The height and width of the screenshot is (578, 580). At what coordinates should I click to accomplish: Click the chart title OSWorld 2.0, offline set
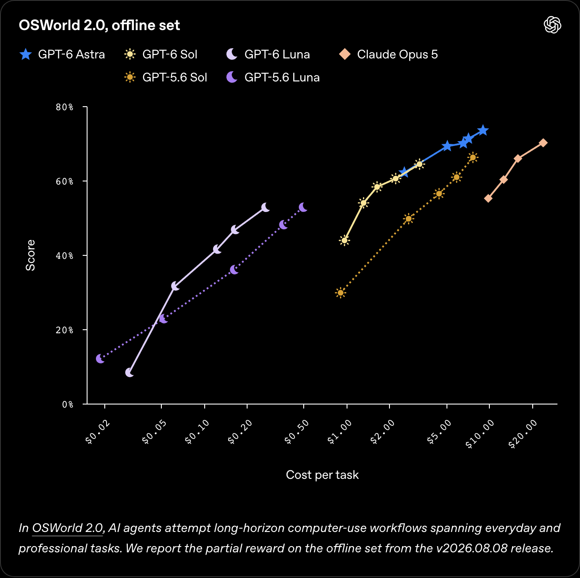pos(99,25)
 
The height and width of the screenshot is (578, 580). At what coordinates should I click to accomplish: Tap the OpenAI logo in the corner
pos(552,25)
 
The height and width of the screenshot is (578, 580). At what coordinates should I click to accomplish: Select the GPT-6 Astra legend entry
pos(62,54)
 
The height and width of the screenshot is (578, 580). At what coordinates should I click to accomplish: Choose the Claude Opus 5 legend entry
pos(388,54)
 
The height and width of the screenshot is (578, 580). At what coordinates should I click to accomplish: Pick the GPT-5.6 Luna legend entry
pos(273,77)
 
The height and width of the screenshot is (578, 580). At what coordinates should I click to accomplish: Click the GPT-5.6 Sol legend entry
pos(165,77)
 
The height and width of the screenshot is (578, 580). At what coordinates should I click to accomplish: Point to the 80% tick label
pos(65,107)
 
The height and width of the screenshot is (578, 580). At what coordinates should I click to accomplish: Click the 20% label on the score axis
pos(65,330)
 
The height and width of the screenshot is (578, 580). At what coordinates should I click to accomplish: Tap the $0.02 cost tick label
pos(98,432)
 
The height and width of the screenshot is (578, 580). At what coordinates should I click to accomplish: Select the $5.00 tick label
pos(439,432)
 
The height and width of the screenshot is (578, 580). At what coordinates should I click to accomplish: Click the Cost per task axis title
pos(322,475)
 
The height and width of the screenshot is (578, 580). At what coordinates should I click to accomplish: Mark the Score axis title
pos(31,255)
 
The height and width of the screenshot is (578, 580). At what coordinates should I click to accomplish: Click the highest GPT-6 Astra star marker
pos(483,130)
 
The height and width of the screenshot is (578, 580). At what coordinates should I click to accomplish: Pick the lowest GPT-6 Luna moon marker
pos(130,373)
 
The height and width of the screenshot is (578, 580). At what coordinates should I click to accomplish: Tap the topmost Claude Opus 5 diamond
pos(543,143)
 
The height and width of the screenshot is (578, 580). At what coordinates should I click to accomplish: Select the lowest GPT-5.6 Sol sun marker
pos(340,293)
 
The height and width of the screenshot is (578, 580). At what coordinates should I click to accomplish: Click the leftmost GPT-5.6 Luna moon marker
pos(100,359)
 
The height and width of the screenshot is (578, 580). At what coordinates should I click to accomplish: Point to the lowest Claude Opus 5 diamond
pos(488,198)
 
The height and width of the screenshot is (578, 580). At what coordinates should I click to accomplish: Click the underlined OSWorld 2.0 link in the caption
pos(68,528)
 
